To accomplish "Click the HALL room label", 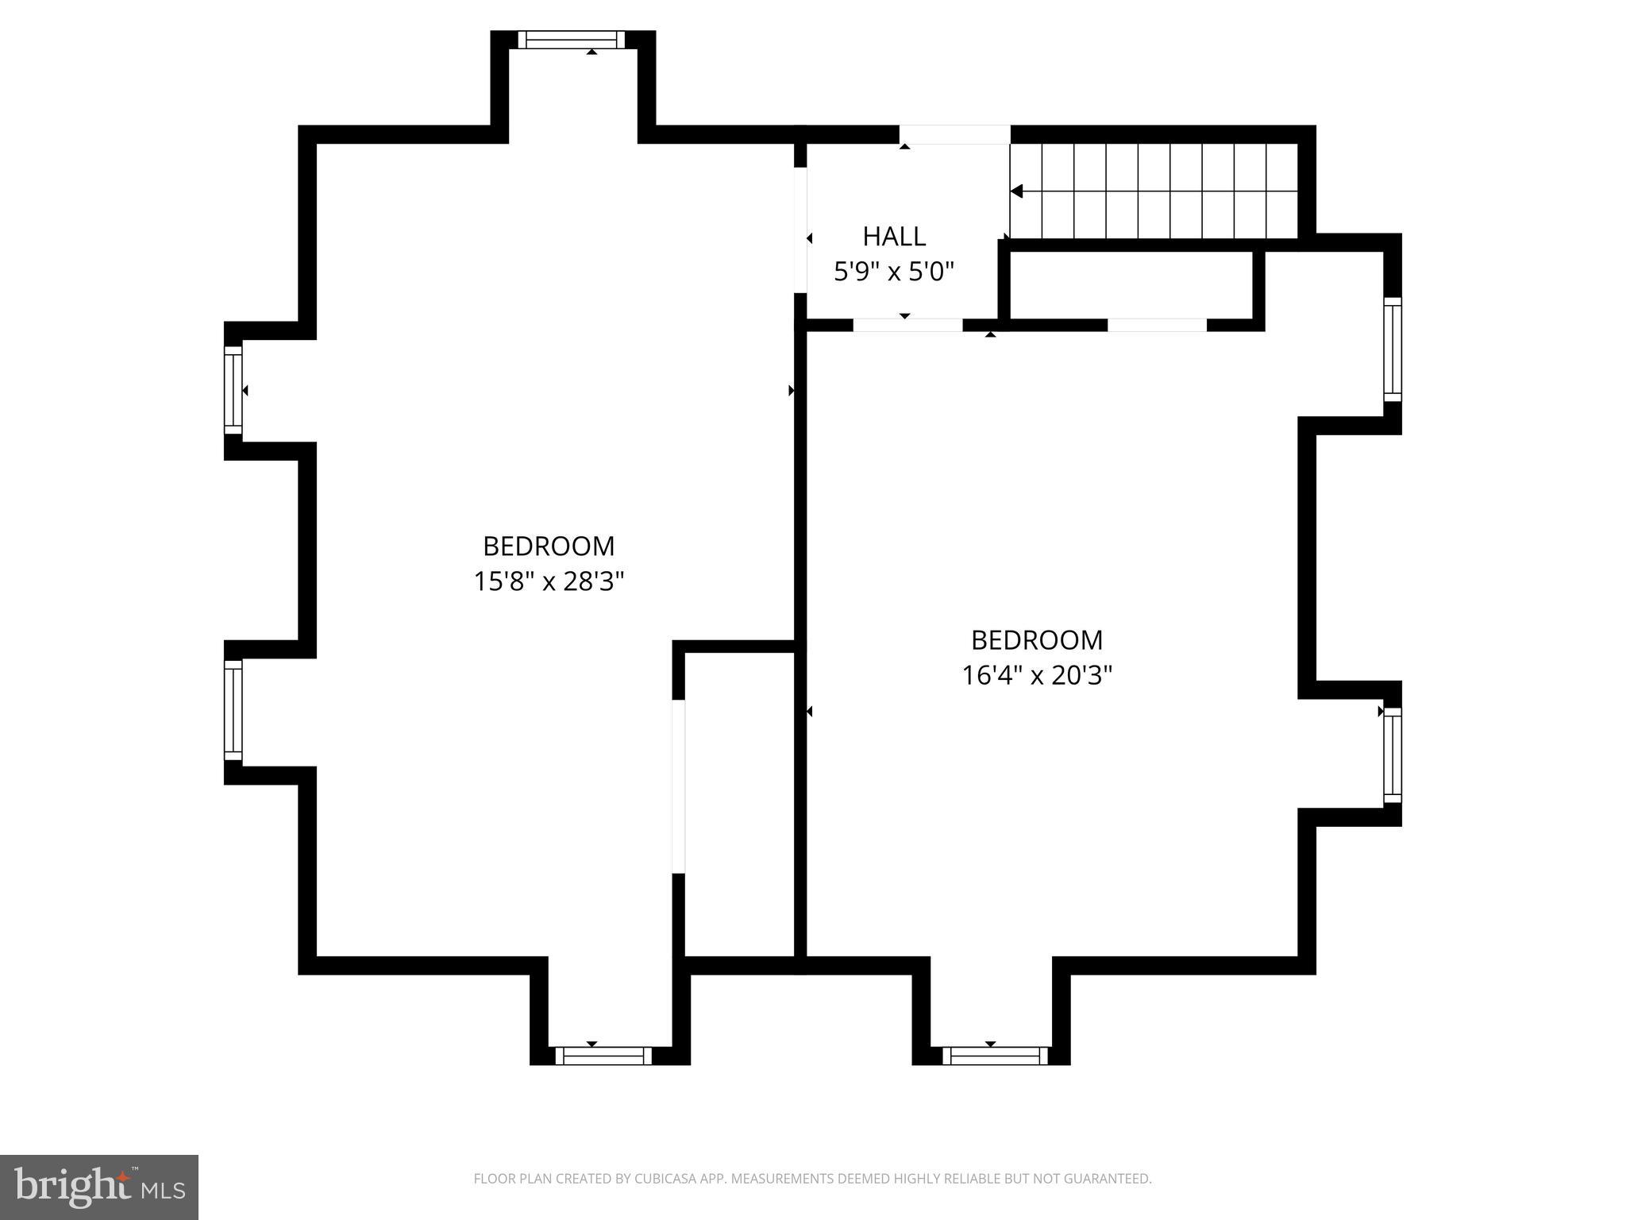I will pos(894,237).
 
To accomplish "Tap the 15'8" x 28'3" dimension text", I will pos(549,582).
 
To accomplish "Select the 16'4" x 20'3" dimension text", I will pos(1037,676).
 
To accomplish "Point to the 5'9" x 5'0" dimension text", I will pos(893,272).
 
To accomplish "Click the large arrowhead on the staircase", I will pos(1016,191).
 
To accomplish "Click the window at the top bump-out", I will pos(572,40).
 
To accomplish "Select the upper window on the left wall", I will pos(233,390).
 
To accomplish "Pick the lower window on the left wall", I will pos(233,710).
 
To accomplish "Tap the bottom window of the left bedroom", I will pos(603,1056).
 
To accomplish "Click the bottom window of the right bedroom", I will pos(995,1056).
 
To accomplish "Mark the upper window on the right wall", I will pos(1393,349).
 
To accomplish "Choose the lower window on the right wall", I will pos(1393,755).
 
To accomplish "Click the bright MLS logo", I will pos(99,1187).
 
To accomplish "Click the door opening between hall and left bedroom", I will pos(801,230).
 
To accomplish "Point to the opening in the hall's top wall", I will pos(954,134).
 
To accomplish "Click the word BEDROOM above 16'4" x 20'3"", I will pos(1037,640).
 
